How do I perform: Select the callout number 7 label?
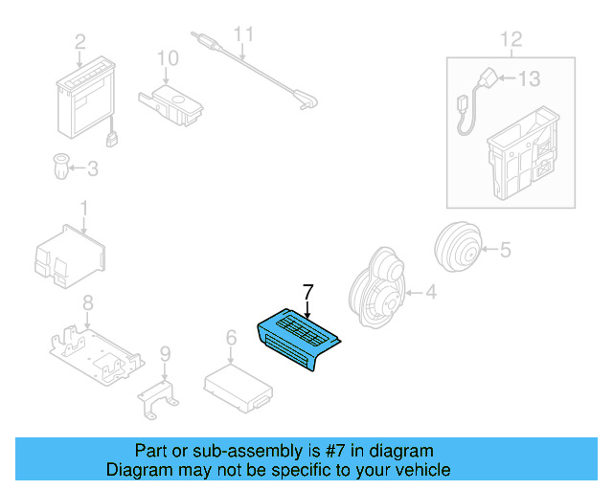[307, 291]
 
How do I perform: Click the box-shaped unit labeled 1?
[70, 254]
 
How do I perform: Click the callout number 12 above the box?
[511, 39]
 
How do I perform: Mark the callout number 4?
[430, 292]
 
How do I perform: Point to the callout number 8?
[87, 304]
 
